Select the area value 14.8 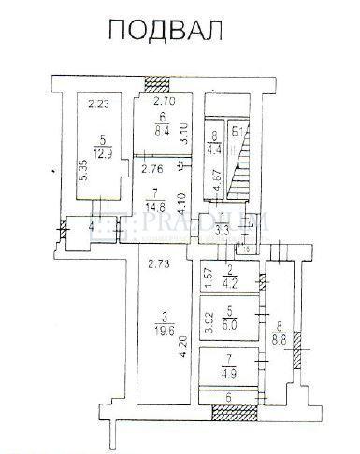154,206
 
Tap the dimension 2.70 165,101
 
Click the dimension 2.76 152,171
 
